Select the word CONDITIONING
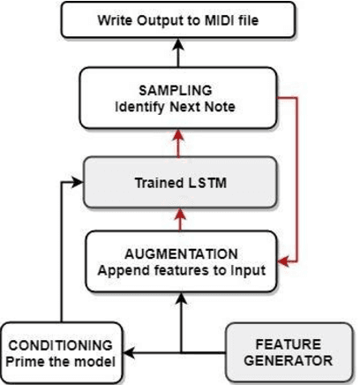pyautogui.click(x=61, y=344)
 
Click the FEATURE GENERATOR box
pyautogui.click(x=289, y=351)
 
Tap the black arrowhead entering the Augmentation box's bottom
pyautogui.click(x=180, y=298)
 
